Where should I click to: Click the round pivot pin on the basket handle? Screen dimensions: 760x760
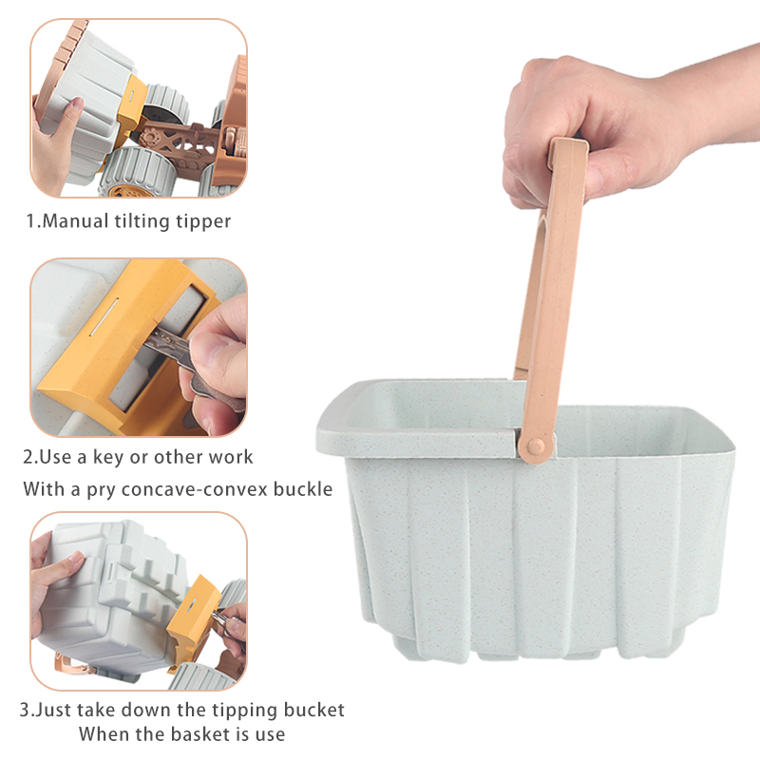pyautogui.click(x=536, y=446)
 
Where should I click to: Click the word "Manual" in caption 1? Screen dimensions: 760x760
pyautogui.click(x=75, y=221)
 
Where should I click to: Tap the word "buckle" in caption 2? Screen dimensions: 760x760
pyautogui.click(x=303, y=488)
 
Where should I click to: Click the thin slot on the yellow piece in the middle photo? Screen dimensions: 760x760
pyautogui.click(x=104, y=317)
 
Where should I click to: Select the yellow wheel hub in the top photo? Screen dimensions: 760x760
pyautogui.click(x=124, y=191)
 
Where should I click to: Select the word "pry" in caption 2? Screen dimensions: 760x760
pyautogui.click(x=101, y=491)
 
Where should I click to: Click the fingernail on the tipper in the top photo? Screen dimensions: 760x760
pyautogui.click(x=75, y=104)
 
